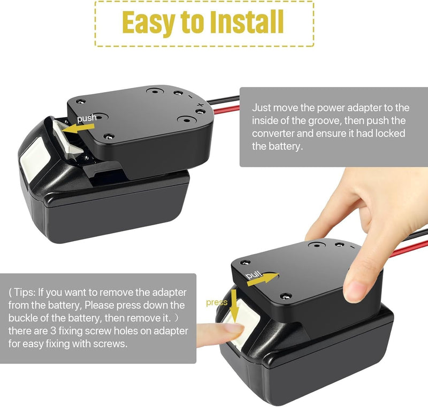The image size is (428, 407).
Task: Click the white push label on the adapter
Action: pos(87,118)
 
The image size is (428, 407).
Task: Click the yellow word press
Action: pos(217,302)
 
